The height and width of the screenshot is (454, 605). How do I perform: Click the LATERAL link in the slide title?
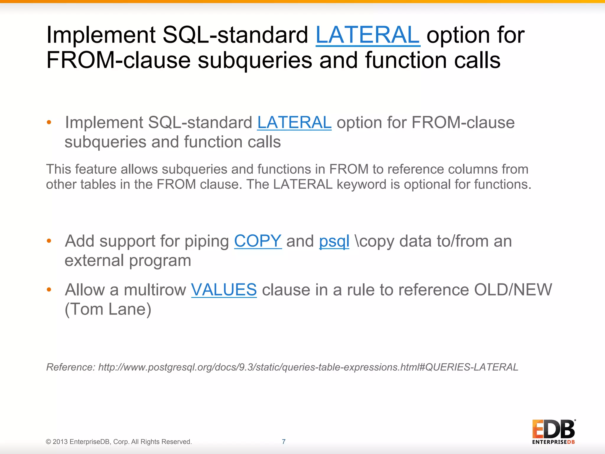coord(367,35)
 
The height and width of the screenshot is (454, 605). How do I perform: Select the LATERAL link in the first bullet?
coord(294,123)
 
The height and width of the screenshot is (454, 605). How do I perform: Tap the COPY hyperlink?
coord(258,241)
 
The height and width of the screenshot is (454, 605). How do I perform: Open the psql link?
coord(334,241)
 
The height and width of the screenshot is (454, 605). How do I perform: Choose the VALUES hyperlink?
coord(224,290)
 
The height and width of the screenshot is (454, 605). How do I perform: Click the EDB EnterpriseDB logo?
coord(554,432)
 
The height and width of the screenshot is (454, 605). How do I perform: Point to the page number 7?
coord(284,442)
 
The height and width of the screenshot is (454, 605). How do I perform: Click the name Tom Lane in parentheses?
coord(108,309)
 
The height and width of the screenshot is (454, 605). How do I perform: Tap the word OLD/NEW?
coord(513,290)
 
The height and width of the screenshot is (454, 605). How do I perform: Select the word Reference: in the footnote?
coord(71,367)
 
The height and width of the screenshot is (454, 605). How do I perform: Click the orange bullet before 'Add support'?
coord(49,241)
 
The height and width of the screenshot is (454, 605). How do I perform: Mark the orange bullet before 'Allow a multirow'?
coord(49,290)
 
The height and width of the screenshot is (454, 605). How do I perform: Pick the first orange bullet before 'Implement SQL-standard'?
coord(49,122)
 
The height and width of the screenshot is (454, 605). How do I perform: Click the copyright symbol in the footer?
coord(48,442)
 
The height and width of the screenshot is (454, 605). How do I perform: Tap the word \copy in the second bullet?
coord(375,241)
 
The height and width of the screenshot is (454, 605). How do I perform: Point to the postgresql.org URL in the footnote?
coord(308,367)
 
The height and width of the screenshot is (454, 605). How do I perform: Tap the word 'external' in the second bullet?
coord(94,261)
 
